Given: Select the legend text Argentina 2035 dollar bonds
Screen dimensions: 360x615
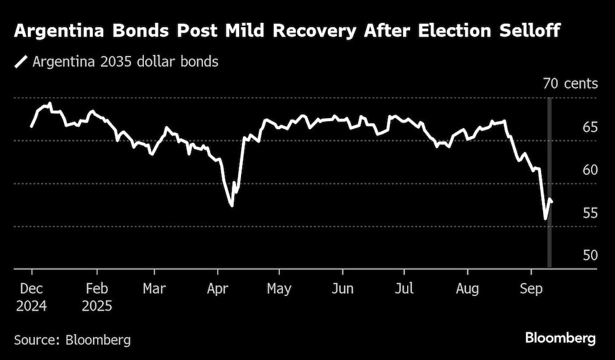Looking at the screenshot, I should [125, 62].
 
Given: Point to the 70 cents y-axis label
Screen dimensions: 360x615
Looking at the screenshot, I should [570, 84].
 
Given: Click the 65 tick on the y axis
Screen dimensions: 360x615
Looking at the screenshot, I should [589, 127].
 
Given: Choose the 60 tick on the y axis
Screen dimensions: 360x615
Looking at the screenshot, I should [589, 170].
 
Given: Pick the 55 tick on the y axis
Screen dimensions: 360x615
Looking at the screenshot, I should [589, 214].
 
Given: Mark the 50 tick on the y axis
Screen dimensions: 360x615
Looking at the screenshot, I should [589, 255].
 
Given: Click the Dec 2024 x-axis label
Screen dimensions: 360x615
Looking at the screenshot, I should [31, 297].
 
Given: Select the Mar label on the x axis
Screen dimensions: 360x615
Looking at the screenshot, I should [153, 289].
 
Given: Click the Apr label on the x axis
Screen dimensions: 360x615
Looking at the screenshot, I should [216, 289].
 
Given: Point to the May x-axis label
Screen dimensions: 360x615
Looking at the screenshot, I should [279, 289].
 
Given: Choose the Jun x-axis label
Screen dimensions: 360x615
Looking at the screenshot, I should [342, 289].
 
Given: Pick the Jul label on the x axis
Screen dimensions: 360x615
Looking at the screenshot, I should [404, 289].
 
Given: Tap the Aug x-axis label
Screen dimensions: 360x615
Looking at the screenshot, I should [467, 289].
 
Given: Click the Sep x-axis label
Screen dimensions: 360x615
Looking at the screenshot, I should [531, 289].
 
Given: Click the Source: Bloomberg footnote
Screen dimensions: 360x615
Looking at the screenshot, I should [73, 339].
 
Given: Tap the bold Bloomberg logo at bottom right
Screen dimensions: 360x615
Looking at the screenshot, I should [560, 338].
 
